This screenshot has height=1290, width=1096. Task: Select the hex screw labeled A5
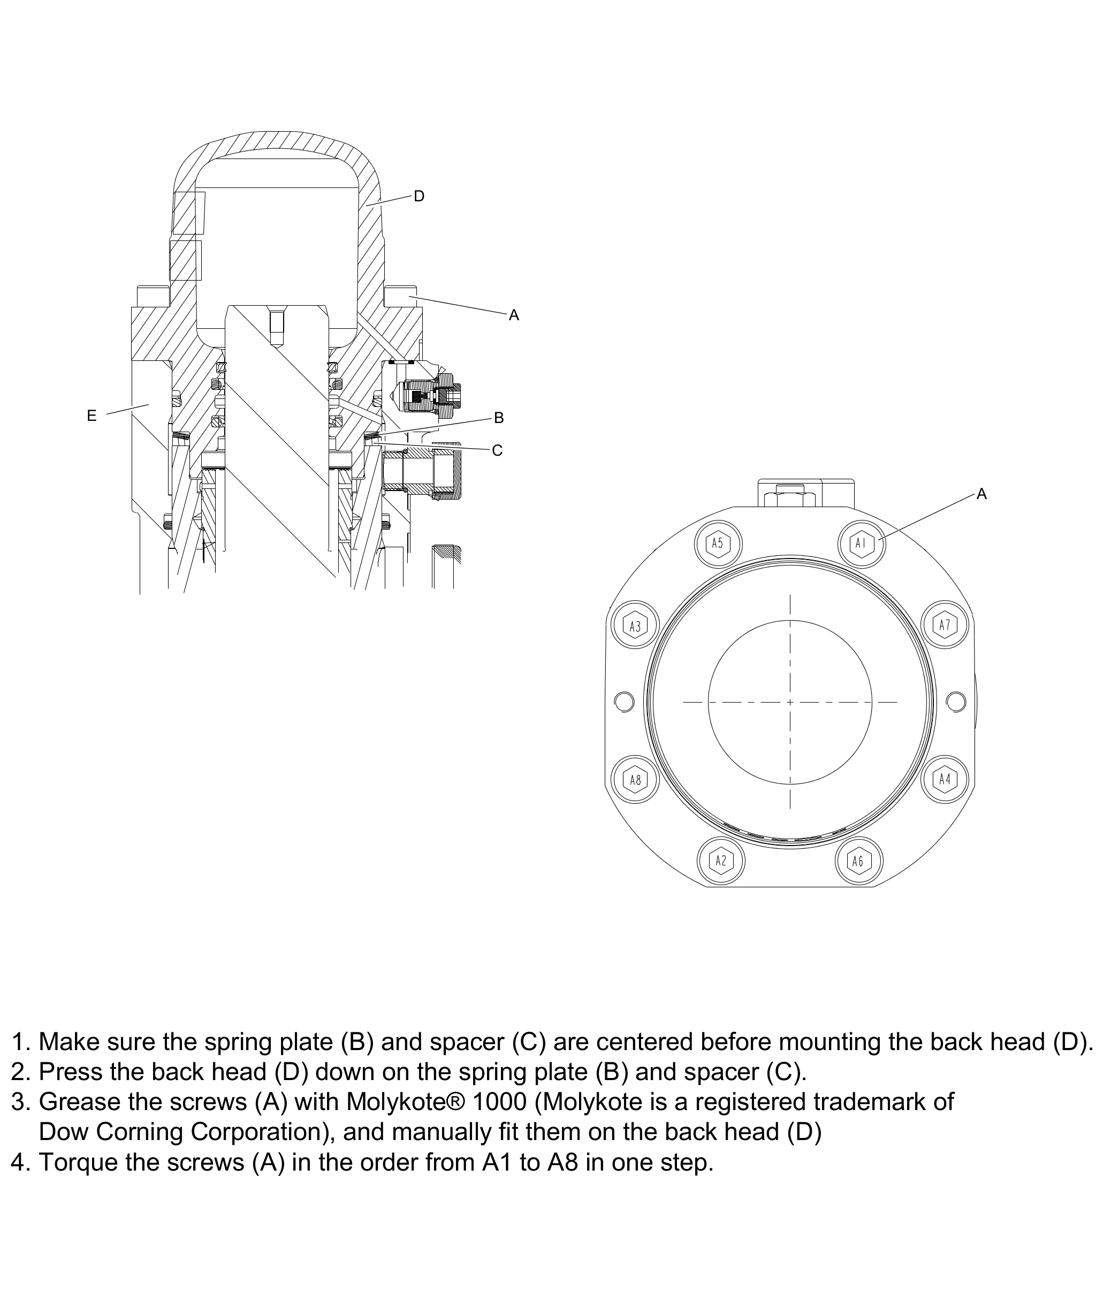718,544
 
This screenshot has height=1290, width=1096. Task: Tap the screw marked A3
635,625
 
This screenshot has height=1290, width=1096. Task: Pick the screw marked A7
945,625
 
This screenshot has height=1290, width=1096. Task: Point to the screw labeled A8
635,779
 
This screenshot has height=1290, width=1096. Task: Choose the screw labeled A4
945,779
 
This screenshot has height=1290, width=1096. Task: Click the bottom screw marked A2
721,861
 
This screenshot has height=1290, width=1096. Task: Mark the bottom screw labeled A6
858,861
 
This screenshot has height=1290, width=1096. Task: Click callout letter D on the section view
419,197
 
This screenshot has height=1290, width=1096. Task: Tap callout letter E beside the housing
92,416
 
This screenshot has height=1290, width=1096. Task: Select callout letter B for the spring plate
498,418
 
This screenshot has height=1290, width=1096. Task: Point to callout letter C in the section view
497,450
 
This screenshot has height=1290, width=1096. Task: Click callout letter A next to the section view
514,315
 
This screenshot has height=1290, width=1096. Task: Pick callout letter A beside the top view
981,494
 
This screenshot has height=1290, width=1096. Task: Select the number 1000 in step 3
499,1102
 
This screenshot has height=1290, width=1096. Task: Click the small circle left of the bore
624,702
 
